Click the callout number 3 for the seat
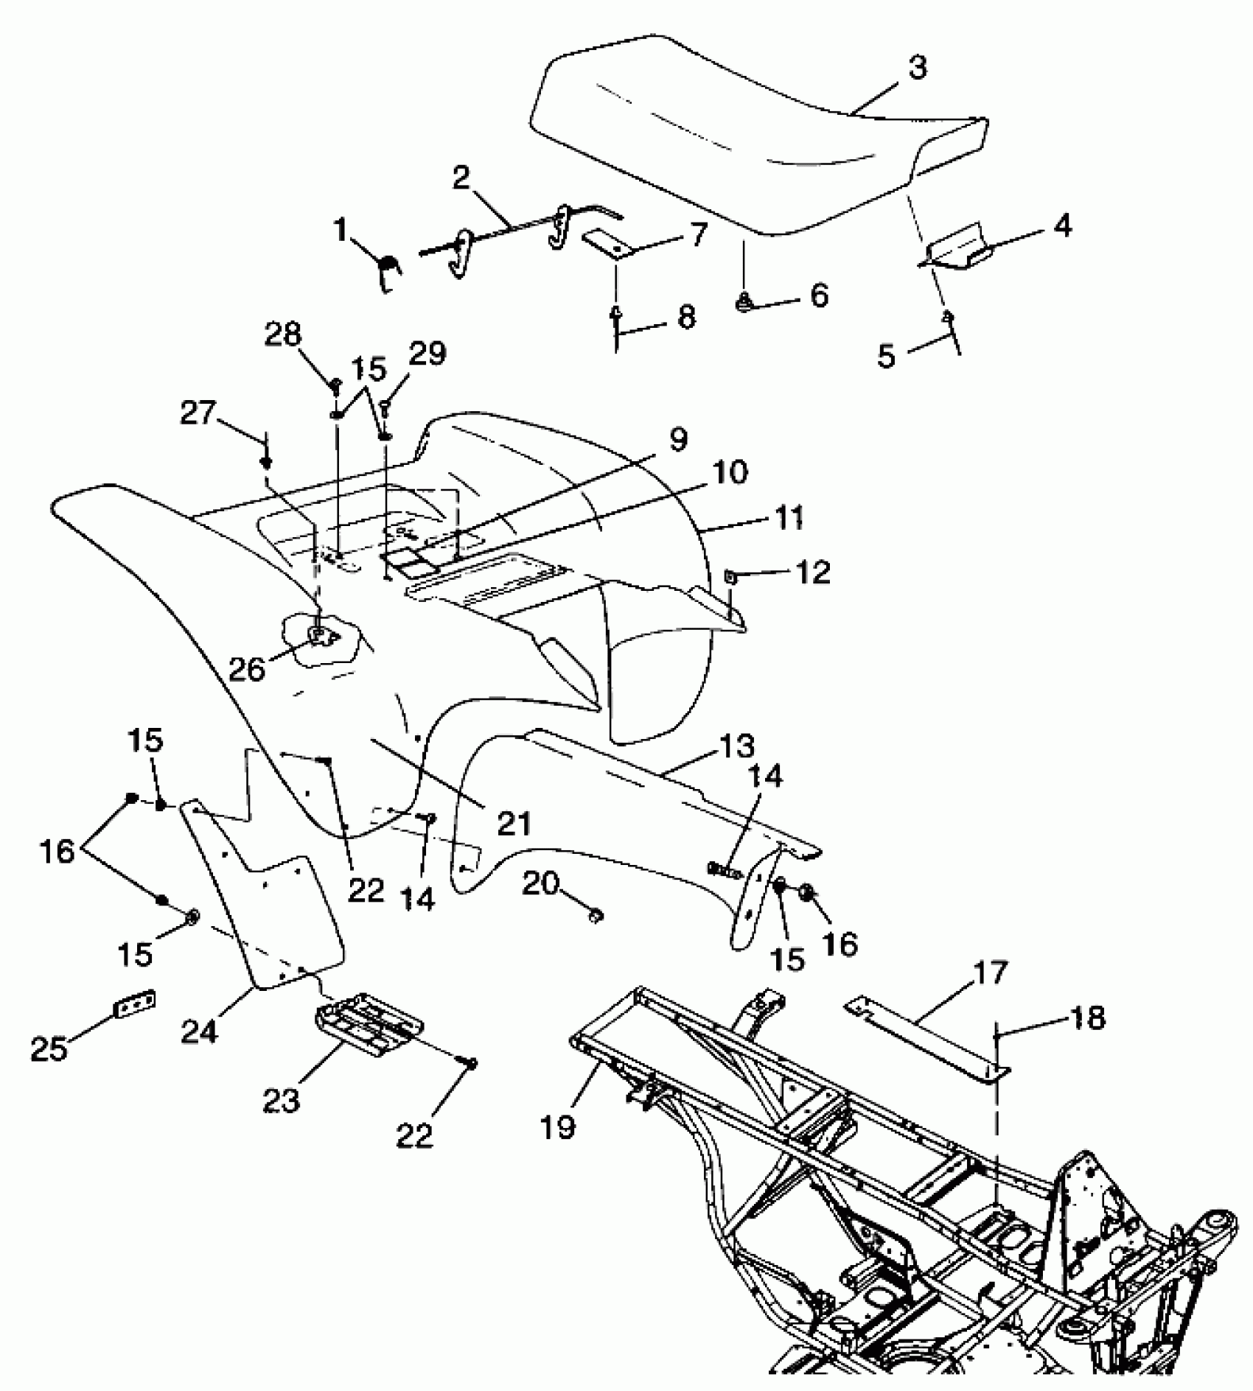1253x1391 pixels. pos(916,69)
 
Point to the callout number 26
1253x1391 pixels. pos(247,669)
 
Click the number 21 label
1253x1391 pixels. pos(514,823)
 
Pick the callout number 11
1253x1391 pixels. pos(789,517)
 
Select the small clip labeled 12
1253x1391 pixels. pos(730,577)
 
